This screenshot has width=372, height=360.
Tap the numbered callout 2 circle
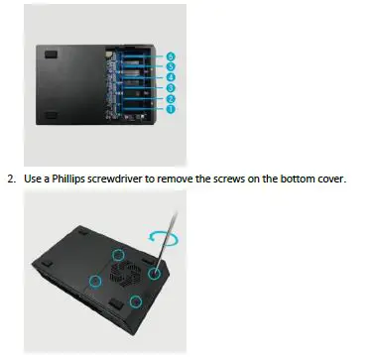coord(171,98)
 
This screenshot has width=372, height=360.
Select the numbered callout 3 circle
coord(171,87)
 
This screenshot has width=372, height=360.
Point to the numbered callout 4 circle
coord(171,76)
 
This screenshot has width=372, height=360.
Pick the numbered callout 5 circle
coord(171,66)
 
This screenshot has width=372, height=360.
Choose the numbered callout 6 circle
coord(171,57)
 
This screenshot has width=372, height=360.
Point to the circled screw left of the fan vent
coord(94,282)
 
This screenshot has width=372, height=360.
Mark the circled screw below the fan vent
coord(136,300)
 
